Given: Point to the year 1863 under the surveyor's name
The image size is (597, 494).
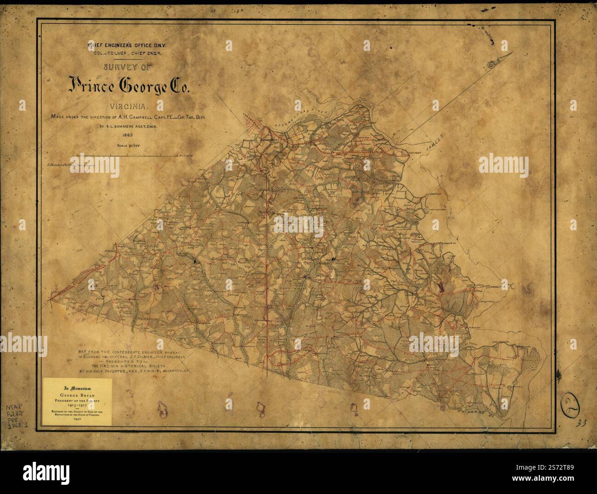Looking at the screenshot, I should click(128, 135).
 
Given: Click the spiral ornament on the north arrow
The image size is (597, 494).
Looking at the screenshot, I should click(492, 64).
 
